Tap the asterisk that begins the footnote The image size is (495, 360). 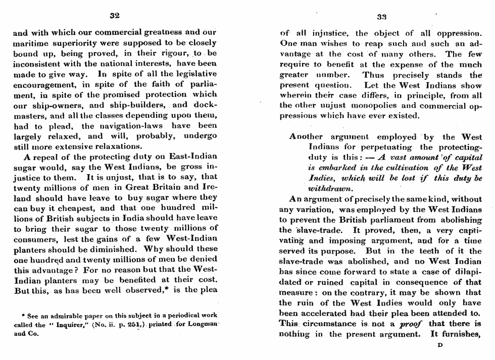pyautogui.click(x=24, y=316)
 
